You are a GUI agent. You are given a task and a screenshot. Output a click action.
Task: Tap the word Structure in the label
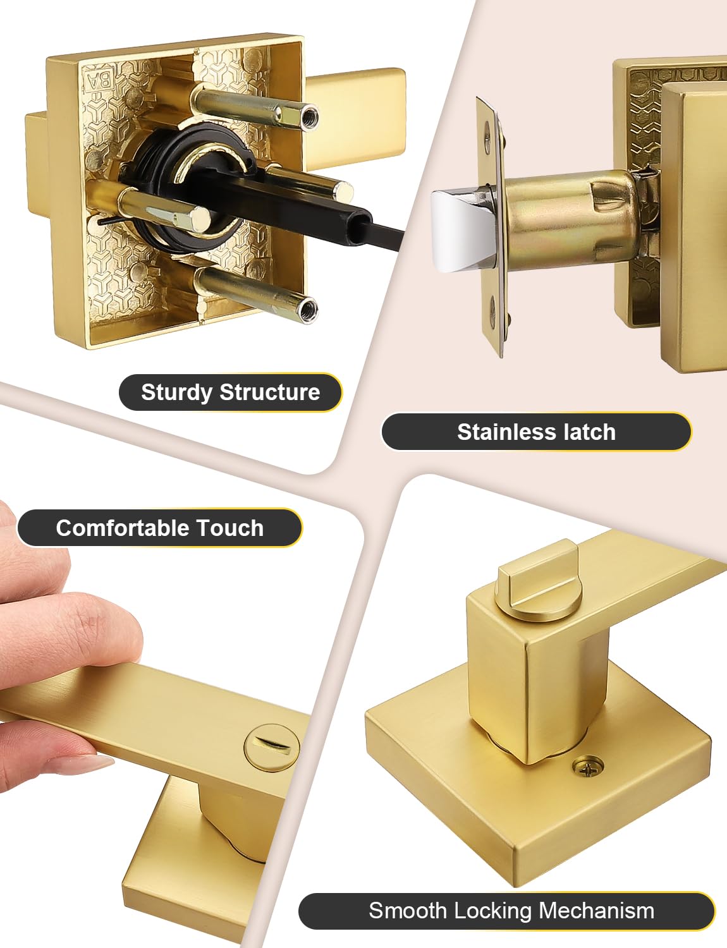click(270, 392)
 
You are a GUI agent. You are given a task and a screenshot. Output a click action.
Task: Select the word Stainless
click(506, 432)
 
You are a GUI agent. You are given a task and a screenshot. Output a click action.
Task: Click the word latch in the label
click(590, 432)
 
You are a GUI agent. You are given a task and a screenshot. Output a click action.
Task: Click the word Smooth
click(407, 911)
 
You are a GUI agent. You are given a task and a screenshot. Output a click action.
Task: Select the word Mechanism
click(597, 911)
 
